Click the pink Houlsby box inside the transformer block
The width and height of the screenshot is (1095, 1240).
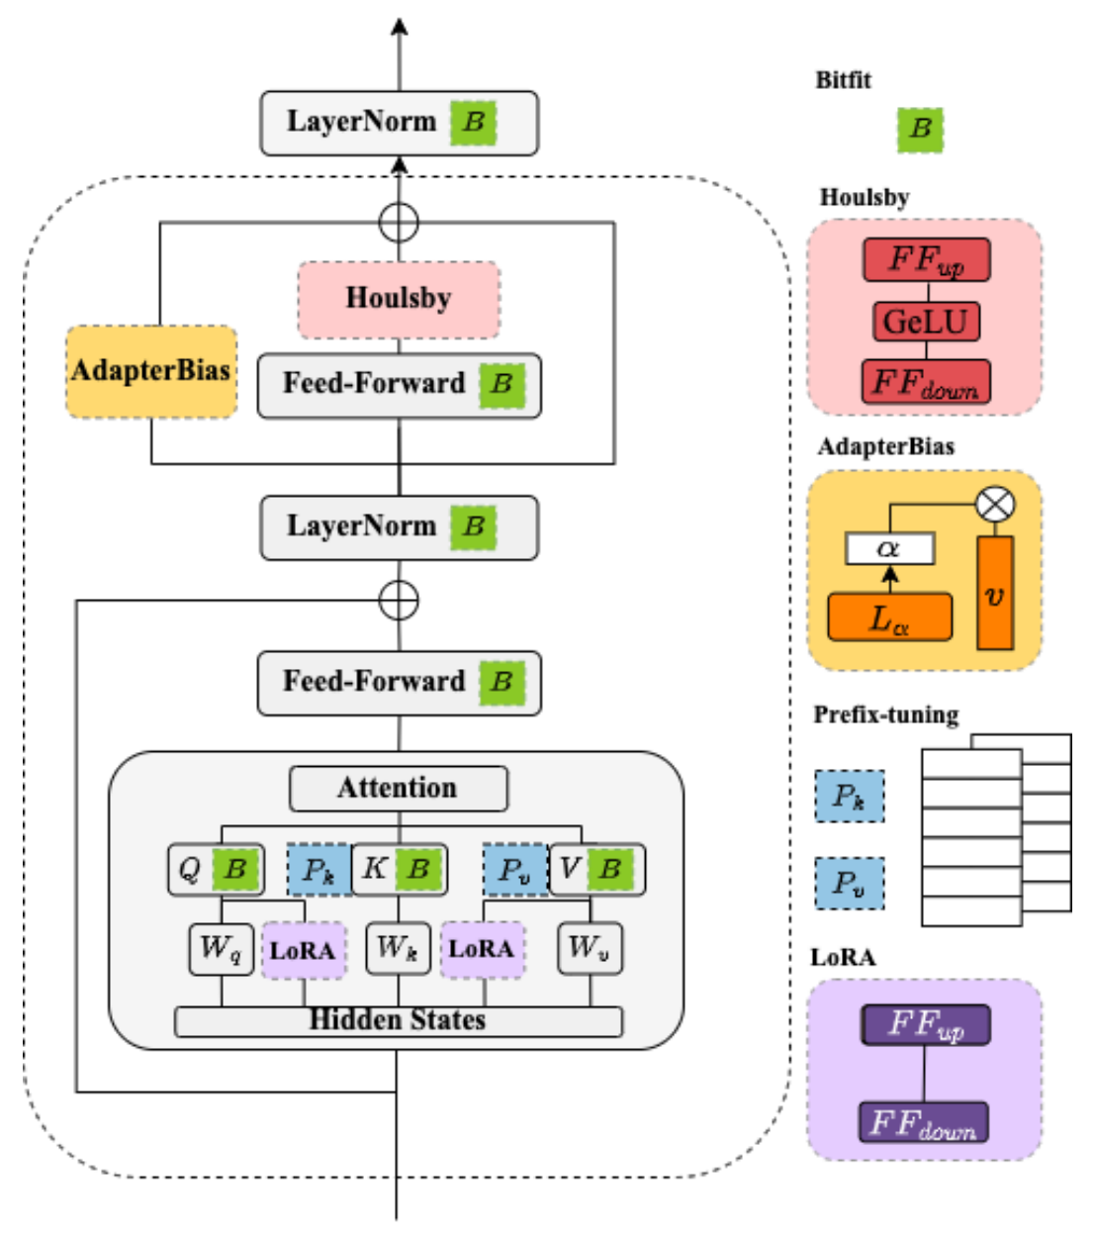pyautogui.click(x=399, y=299)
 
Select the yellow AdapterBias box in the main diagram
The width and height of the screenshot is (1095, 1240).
pyautogui.click(x=151, y=371)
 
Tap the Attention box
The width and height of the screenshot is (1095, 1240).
pyautogui.click(x=398, y=788)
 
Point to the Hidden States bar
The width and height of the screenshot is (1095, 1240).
pyautogui.click(x=398, y=1020)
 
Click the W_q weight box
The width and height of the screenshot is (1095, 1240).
pyautogui.click(x=221, y=949)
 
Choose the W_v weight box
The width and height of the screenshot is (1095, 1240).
pyautogui.click(x=590, y=949)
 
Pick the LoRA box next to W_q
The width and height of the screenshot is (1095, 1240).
pyautogui.click(x=303, y=951)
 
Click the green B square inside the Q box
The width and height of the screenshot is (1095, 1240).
pyautogui.click(x=235, y=870)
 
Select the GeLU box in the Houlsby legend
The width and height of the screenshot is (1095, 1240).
pyautogui.click(x=926, y=322)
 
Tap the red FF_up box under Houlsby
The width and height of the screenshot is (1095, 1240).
pyautogui.click(x=926, y=260)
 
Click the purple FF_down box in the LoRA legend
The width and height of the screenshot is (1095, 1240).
pyautogui.click(x=923, y=1122)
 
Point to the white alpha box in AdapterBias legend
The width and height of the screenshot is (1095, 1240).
pyautogui.click(x=889, y=548)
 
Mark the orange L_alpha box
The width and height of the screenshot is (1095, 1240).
pyautogui.click(x=889, y=619)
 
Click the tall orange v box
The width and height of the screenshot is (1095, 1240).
pyautogui.click(x=994, y=594)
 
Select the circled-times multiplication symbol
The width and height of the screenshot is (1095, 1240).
pyautogui.click(x=995, y=505)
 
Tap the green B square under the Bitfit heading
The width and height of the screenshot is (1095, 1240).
pyautogui.click(x=920, y=129)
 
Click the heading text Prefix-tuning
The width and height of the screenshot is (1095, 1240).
pyautogui.click(x=885, y=715)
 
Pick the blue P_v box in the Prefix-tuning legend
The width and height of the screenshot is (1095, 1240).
pyautogui.click(x=849, y=883)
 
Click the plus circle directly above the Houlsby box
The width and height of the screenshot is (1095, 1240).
pyautogui.click(x=399, y=222)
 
